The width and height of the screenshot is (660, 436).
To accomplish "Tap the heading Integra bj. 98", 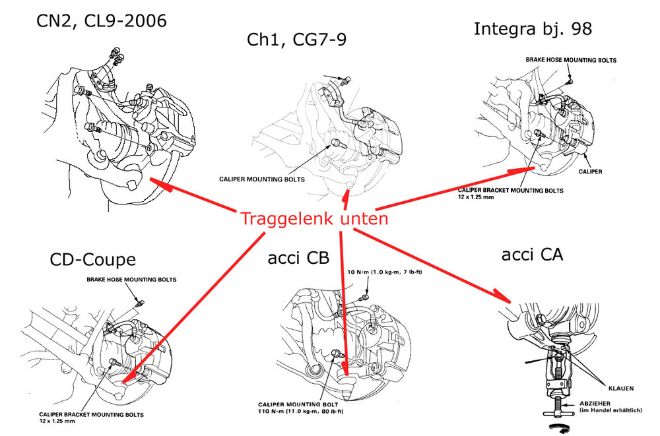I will [x=533, y=29].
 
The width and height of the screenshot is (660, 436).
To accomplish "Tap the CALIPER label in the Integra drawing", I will [x=589, y=170].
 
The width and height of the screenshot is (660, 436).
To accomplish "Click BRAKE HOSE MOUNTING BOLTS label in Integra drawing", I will [x=571, y=60].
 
